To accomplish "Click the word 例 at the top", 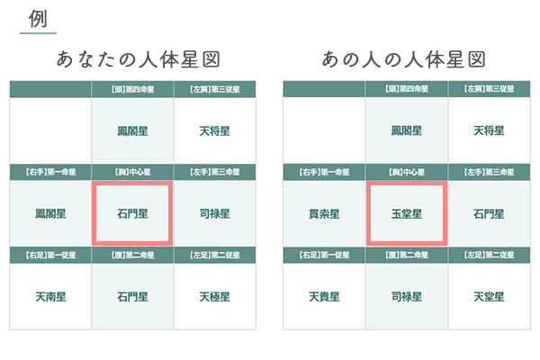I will [x=38, y=19].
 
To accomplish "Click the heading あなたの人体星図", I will [x=133, y=60].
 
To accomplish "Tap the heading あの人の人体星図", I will [x=405, y=60].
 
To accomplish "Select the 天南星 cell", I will [x=50, y=296].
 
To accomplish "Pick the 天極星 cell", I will [x=214, y=296].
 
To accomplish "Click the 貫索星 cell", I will [x=324, y=214].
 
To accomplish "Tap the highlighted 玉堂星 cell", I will [x=406, y=214].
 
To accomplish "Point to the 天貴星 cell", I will [x=324, y=296].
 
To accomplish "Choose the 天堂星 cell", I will [x=489, y=296].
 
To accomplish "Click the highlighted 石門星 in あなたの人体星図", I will [x=132, y=214].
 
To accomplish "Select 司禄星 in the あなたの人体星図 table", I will [x=214, y=214].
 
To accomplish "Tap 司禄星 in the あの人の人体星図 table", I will [x=406, y=296].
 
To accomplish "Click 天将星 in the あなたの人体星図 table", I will [x=214, y=130].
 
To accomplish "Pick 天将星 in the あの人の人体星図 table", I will [x=489, y=130].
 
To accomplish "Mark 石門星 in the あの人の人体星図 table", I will [x=489, y=214].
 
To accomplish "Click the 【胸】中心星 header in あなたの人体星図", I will [x=132, y=172].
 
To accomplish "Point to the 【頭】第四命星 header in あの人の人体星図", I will [x=406, y=89].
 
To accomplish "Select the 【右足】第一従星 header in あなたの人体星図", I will [x=50, y=255].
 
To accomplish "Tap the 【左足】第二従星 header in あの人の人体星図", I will [x=489, y=255].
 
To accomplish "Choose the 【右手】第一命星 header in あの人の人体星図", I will [x=324, y=172].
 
